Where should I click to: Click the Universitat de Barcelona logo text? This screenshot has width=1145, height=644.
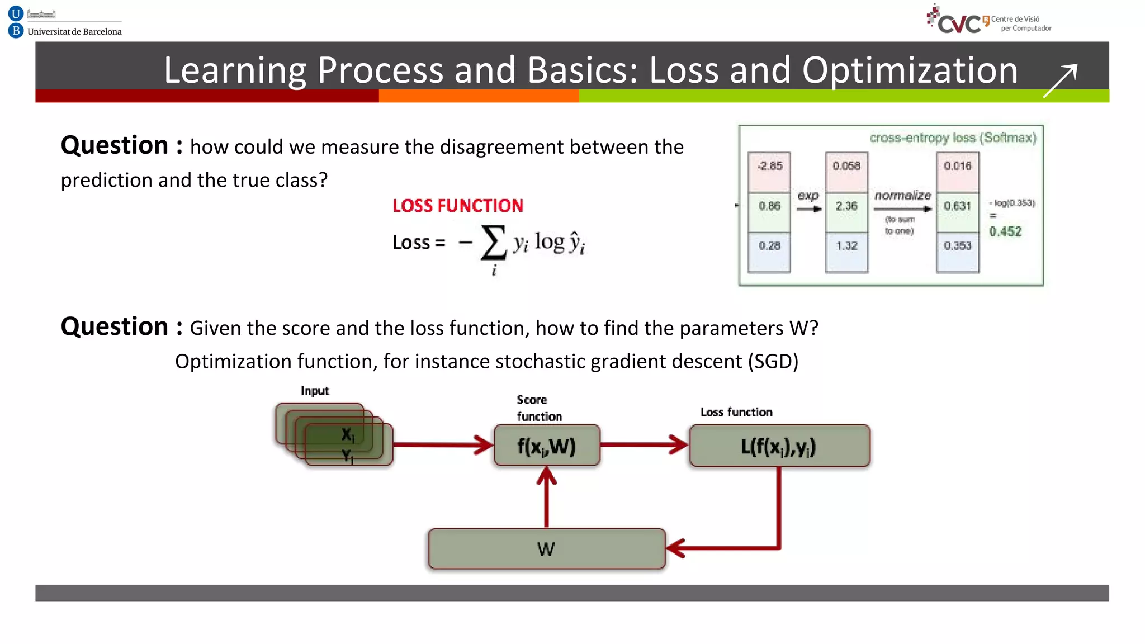pyautogui.click(x=74, y=31)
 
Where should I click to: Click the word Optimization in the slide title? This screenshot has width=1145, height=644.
pyautogui.click(x=910, y=70)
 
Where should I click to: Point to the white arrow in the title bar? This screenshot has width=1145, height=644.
pyautogui.click(x=1060, y=80)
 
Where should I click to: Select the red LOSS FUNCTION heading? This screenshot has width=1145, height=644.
pyautogui.click(x=457, y=206)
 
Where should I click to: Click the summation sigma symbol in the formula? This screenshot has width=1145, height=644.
pyautogui.click(x=493, y=243)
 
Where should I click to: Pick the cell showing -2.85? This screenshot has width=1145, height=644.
pyautogui.click(x=769, y=166)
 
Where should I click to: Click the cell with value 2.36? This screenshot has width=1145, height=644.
pyautogui.click(x=846, y=206)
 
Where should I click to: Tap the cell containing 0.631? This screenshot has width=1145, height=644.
pyautogui.click(x=957, y=206)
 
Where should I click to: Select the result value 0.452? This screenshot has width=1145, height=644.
pyautogui.click(x=1005, y=231)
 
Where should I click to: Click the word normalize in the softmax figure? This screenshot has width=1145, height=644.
pyautogui.click(x=902, y=195)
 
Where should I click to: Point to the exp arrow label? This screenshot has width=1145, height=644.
pyautogui.click(x=808, y=196)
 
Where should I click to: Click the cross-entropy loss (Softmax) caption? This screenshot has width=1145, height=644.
pyautogui.click(x=953, y=138)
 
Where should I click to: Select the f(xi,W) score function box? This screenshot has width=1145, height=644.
pyautogui.click(x=546, y=446)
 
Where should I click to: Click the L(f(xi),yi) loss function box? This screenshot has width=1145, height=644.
pyautogui.click(x=779, y=446)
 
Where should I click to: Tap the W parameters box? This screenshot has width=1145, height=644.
pyautogui.click(x=546, y=549)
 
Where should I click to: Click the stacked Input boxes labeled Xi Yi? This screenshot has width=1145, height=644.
pyautogui.click(x=334, y=435)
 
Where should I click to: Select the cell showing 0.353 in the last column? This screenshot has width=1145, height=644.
pyautogui.click(x=957, y=246)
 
